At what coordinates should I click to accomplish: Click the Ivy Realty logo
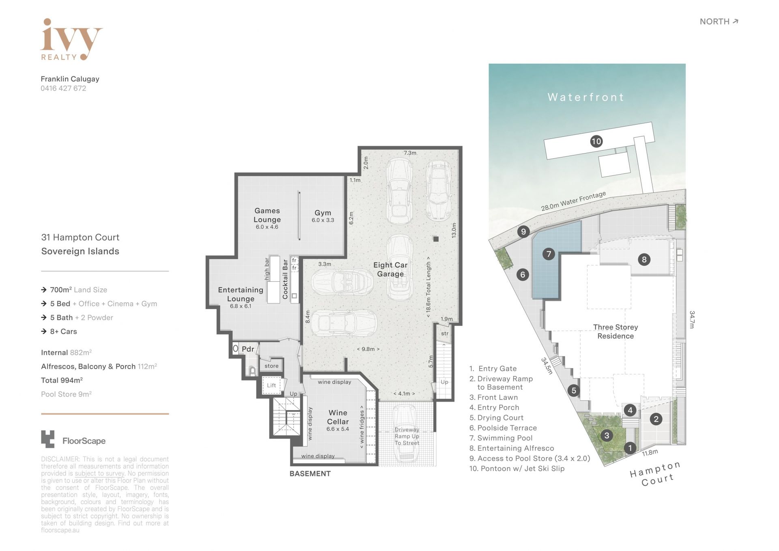(71, 40)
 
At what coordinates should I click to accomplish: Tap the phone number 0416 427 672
(63, 89)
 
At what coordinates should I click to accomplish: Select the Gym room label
(323, 216)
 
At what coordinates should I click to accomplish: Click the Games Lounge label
(267, 218)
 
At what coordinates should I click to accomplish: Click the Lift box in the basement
(271, 385)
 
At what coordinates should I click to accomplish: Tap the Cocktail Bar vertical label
(285, 279)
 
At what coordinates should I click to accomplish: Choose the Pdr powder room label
(248, 349)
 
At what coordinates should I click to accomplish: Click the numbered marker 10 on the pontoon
(596, 141)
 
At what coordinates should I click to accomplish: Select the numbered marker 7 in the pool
(549, 254)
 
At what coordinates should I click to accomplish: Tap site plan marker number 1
(630, 448)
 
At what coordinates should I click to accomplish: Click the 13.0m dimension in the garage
(454, 230)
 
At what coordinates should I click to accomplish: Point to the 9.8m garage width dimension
(368, 349)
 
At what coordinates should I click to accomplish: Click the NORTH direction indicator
(719, 22)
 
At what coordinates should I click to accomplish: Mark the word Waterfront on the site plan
(586, 97)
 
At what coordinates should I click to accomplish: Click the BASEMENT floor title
(310, 474)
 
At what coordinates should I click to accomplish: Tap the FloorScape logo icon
(47, 439)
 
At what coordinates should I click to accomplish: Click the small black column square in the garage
(436, 239)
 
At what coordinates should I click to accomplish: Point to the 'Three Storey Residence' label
(615, 331)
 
